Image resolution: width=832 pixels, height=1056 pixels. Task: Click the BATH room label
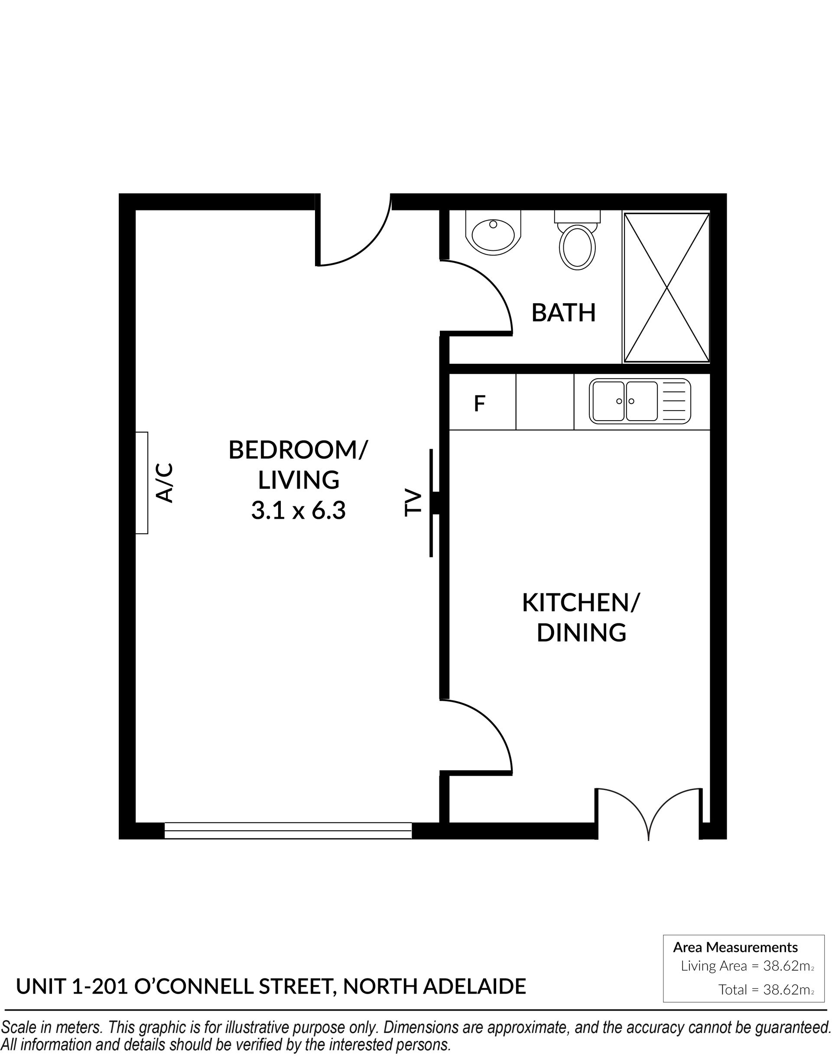(564, 313)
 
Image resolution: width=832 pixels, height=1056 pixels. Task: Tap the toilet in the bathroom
(578, 240)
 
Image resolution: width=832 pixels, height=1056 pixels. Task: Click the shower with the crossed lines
(666, 288)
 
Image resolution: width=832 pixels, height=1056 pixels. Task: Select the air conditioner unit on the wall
(141, 483)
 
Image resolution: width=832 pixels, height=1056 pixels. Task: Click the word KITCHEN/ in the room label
(581, 603)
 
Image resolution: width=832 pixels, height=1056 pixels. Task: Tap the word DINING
(581, 632)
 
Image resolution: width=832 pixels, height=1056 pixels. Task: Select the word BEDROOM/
(298, 450)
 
